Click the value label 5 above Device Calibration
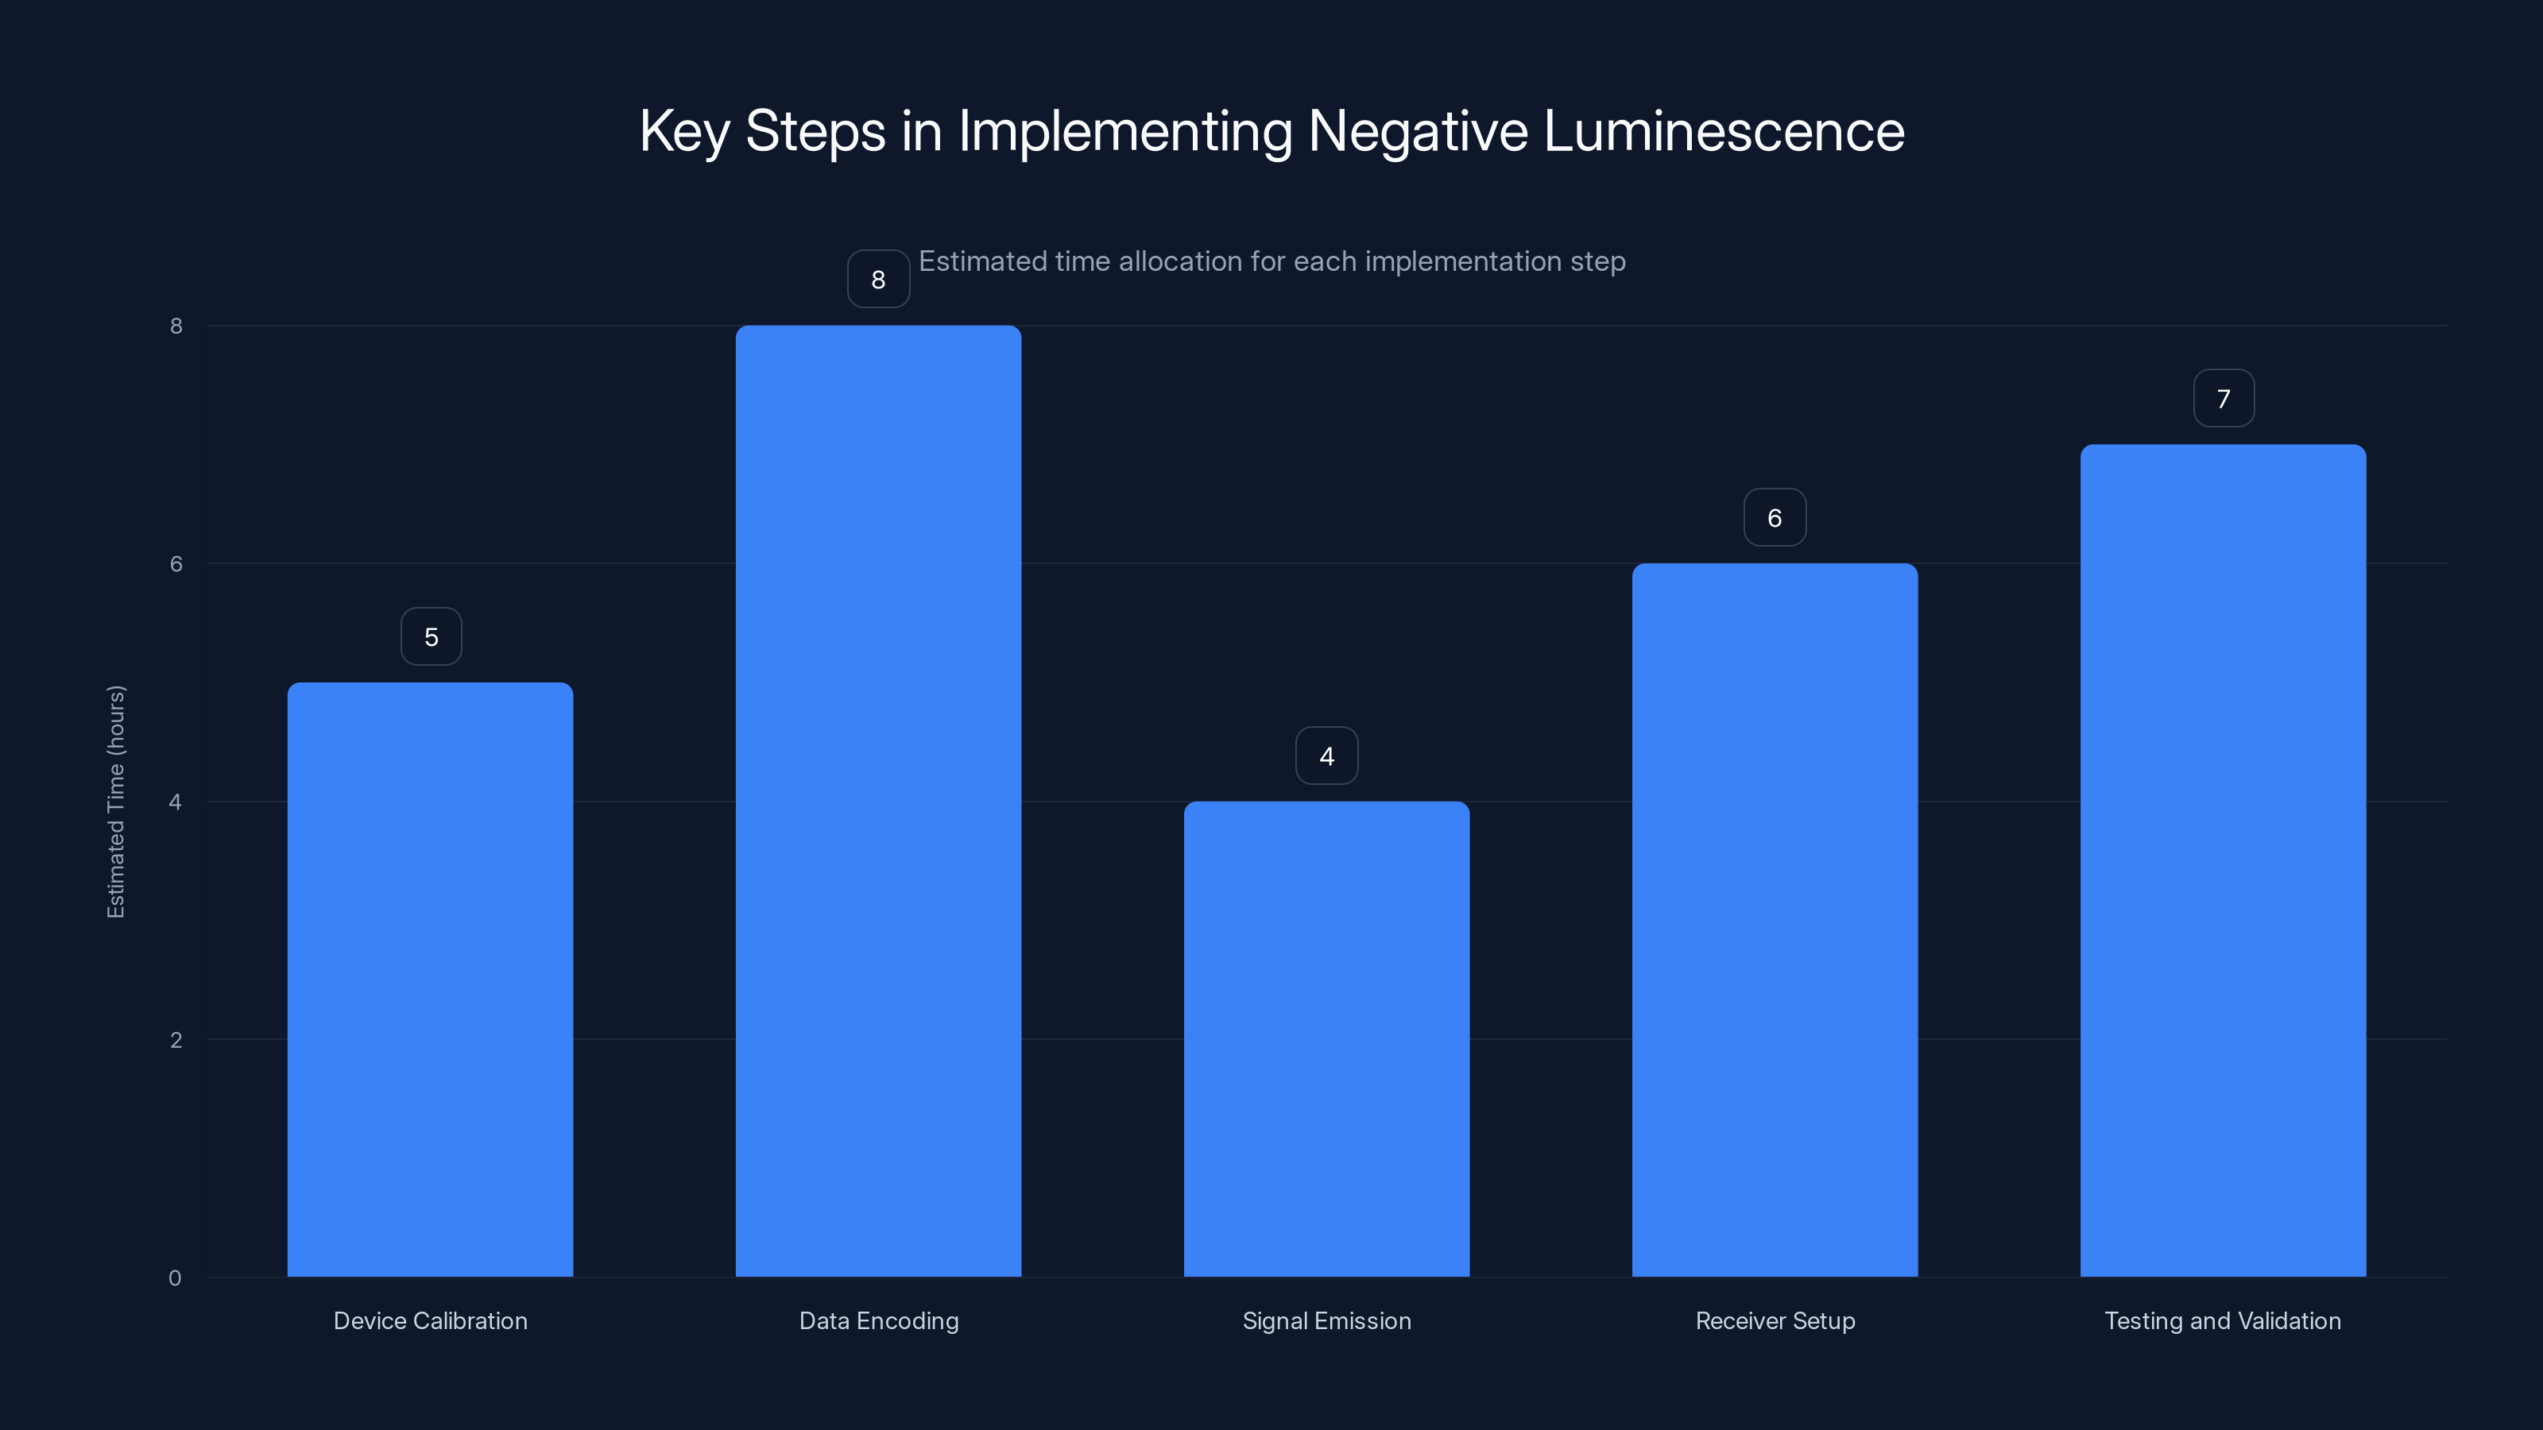[x=431, y=636]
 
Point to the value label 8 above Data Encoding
[x=877, y=280]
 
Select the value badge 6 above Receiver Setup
[x=1774, y=517]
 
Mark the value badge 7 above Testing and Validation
[x=2224, y=398]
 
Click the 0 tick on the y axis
[x=175, y=1278]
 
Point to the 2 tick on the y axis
[x=176, y=1039]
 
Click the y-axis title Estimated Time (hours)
[x=115, y=802]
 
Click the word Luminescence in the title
[x=1723, y=130]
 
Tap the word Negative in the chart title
[x=1417, y=130]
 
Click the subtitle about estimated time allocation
[x=1271, y=261]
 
